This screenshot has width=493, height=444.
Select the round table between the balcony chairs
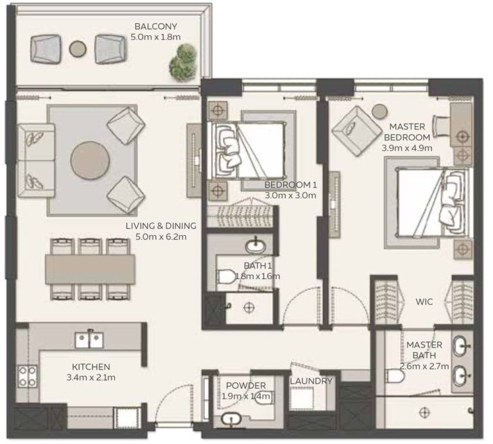pos(78,49)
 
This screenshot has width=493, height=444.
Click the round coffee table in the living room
pos(90,160)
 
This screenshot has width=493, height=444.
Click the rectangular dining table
pos(90,269)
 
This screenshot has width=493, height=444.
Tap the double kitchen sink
pos(89,339)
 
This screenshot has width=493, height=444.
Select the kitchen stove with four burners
pos(26,376)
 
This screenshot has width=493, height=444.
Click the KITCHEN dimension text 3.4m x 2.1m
pos(91,377)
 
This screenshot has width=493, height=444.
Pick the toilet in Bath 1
pos(225,277)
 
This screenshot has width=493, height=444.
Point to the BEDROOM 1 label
pos(291,185)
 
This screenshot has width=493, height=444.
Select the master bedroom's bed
pos(429,201)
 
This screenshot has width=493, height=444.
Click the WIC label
pos(424,300)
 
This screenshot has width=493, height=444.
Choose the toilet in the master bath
pos(394,375)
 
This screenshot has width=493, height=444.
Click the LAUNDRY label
pos(311,381)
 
